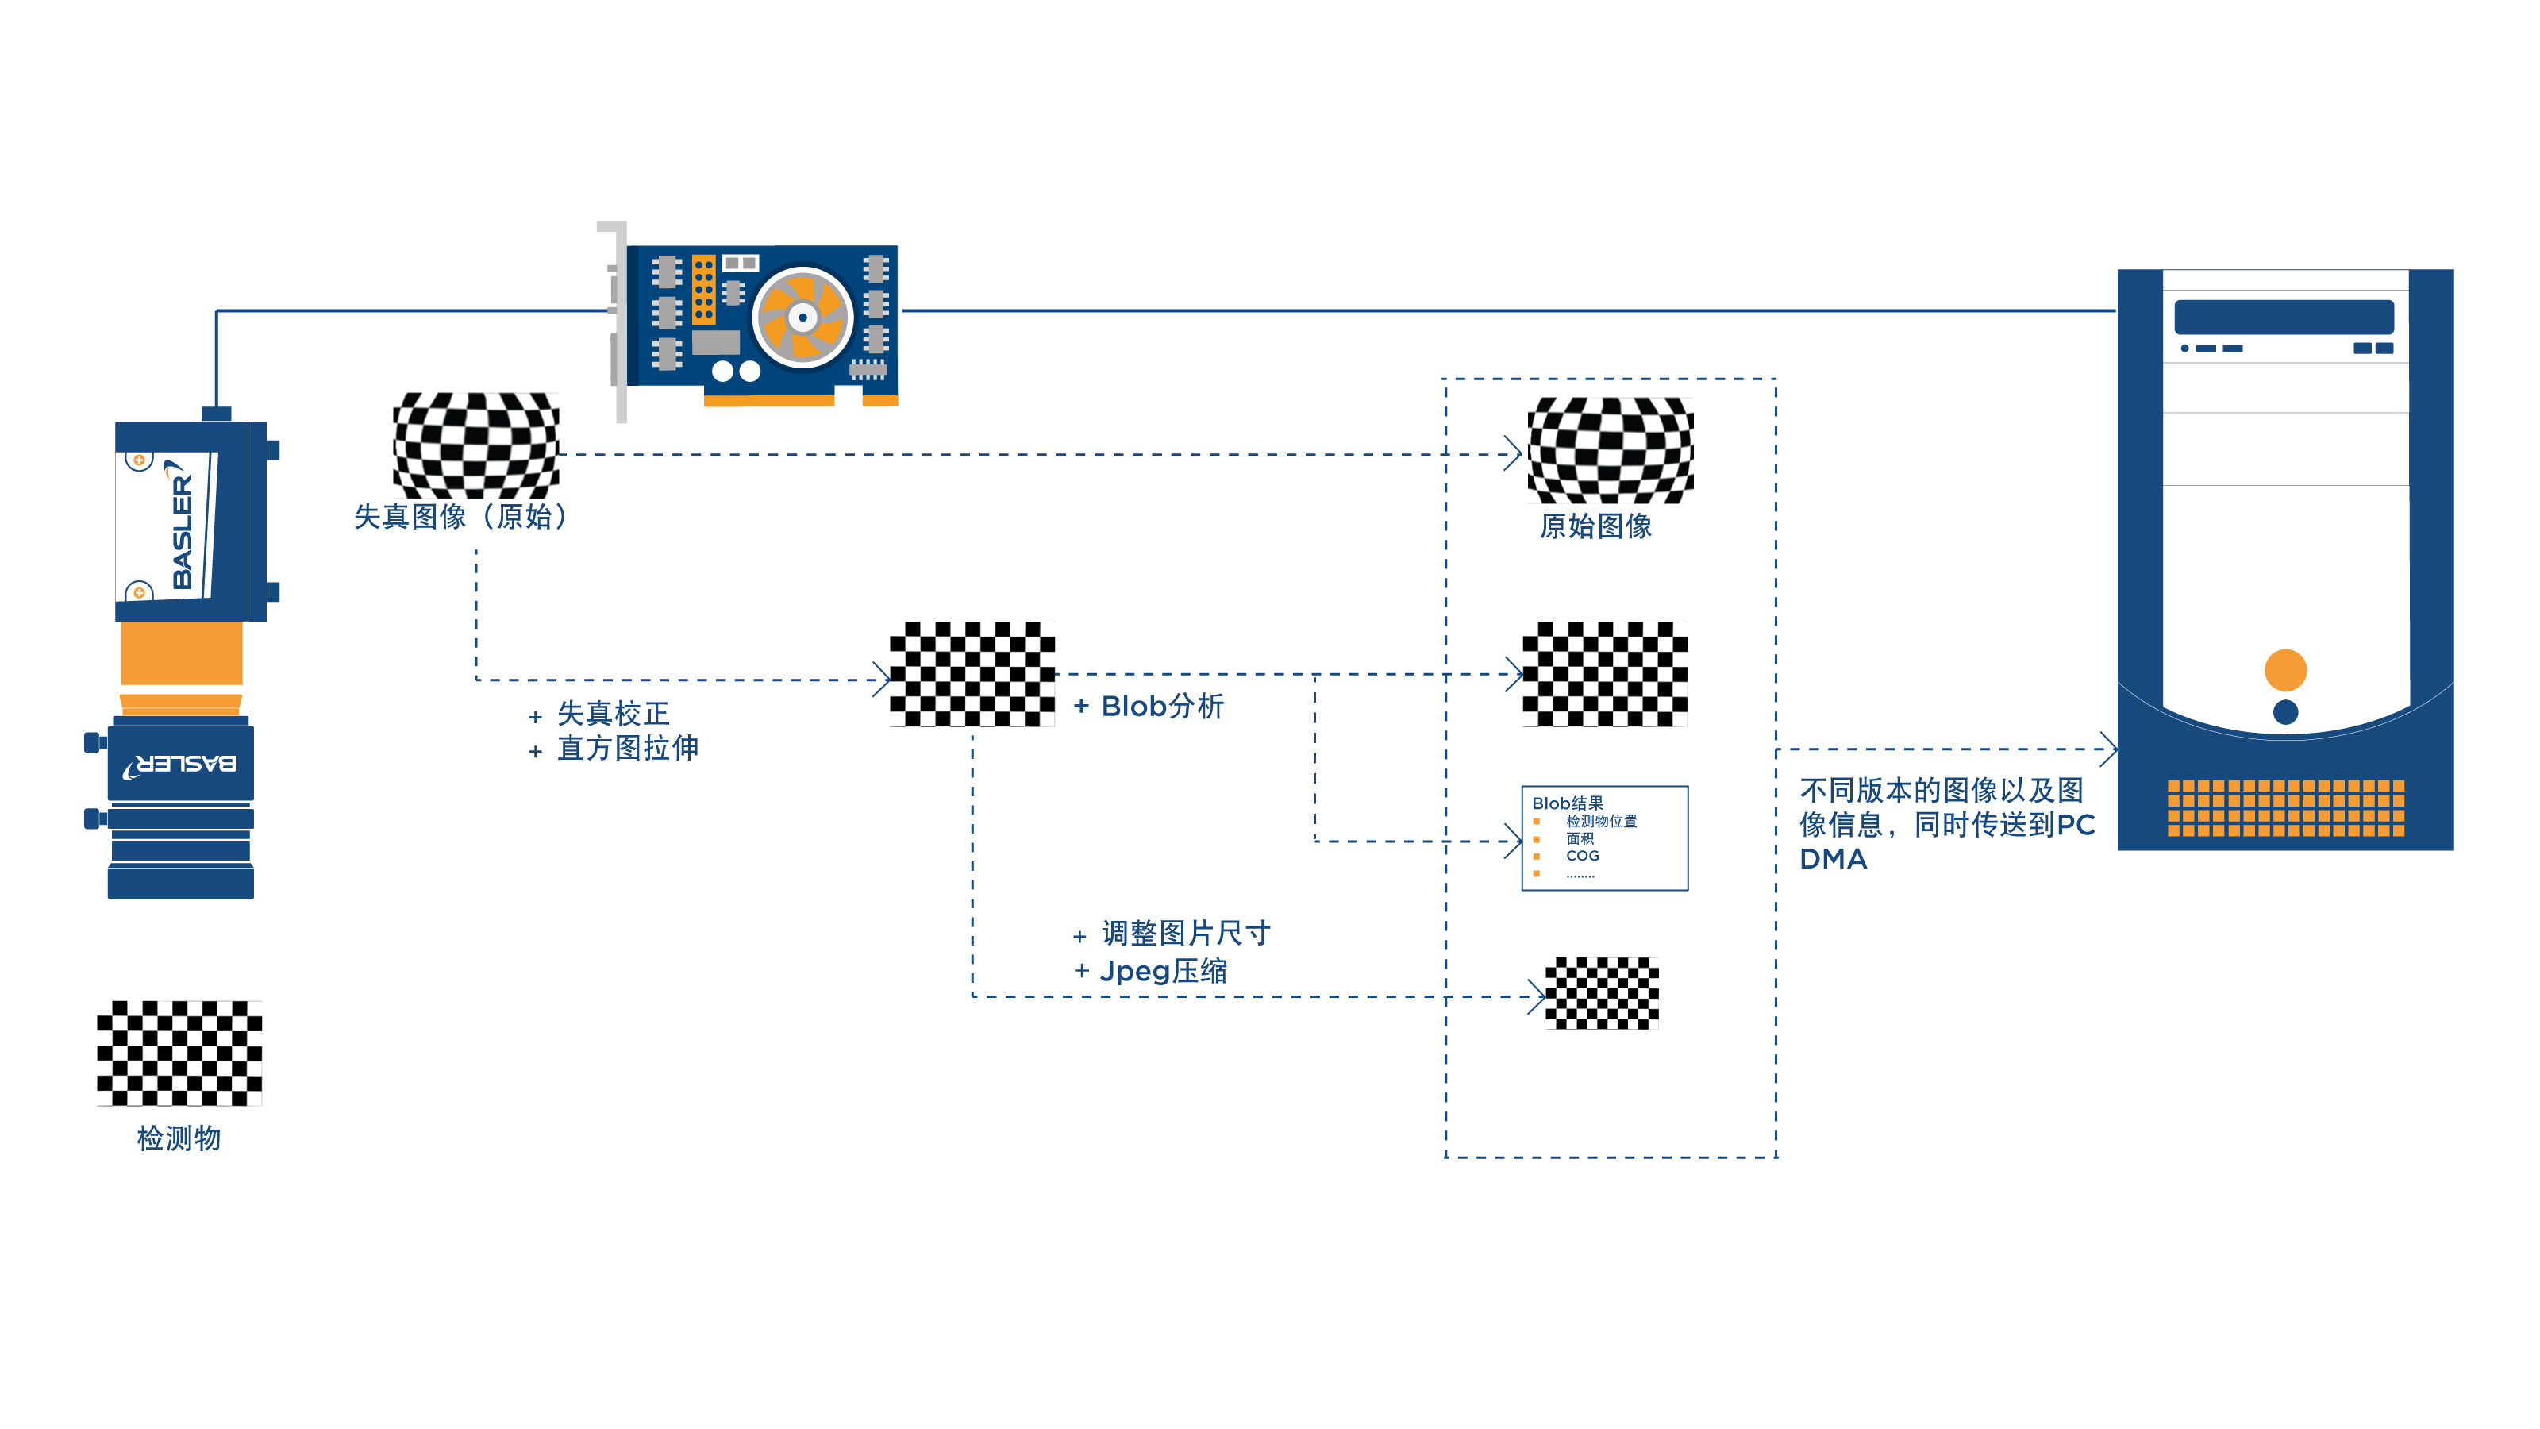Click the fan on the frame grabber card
click(x=802, y=318)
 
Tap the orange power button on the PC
click(x=2284, y=671)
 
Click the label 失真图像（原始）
click(x=461, y=517)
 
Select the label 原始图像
click(x=1595, y=526)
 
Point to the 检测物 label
click(x=179, y=1138)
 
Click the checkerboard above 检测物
click(x=179, y=1053)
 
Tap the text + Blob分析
click(x=1149, y=706)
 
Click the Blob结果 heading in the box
click(x=1567, y=803)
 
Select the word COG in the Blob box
click(x=1582, y=856)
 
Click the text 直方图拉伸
click(x=627, y=749)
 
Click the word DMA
click(x=1833, y=859)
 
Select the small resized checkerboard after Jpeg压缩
click(x=1601, y=993)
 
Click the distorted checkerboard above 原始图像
click(x=1609, y=451)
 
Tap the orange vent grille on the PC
click(x=2284, y=807)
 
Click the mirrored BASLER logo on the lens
click(x=180, y=765)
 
